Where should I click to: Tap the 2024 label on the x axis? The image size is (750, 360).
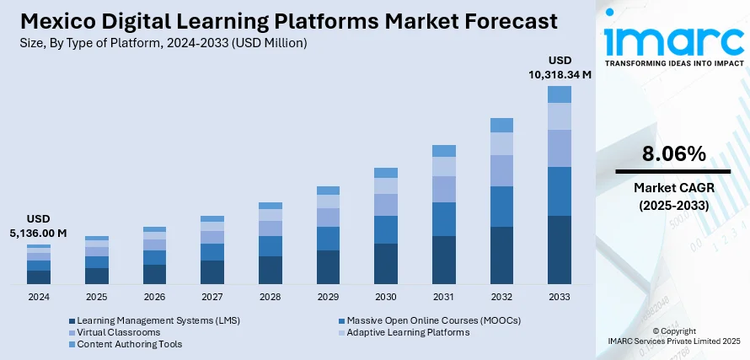[39, 298]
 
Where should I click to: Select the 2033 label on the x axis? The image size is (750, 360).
[559, 298]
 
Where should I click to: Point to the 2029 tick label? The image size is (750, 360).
[328, 298]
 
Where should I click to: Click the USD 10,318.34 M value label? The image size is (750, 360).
[560, 67]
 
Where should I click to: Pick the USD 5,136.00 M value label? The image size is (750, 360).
[39, 225]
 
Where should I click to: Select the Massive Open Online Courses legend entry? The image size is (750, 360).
[433, 320]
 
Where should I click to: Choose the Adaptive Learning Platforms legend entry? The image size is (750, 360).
[408, 332]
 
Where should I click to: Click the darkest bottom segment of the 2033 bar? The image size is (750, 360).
[559, 250]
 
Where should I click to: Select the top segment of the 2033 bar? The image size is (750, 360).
[559, 94]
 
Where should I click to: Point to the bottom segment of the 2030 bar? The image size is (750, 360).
[386, 263]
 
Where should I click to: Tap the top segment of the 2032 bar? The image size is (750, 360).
[501, 126]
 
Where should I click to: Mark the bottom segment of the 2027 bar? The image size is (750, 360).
[212, 271]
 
